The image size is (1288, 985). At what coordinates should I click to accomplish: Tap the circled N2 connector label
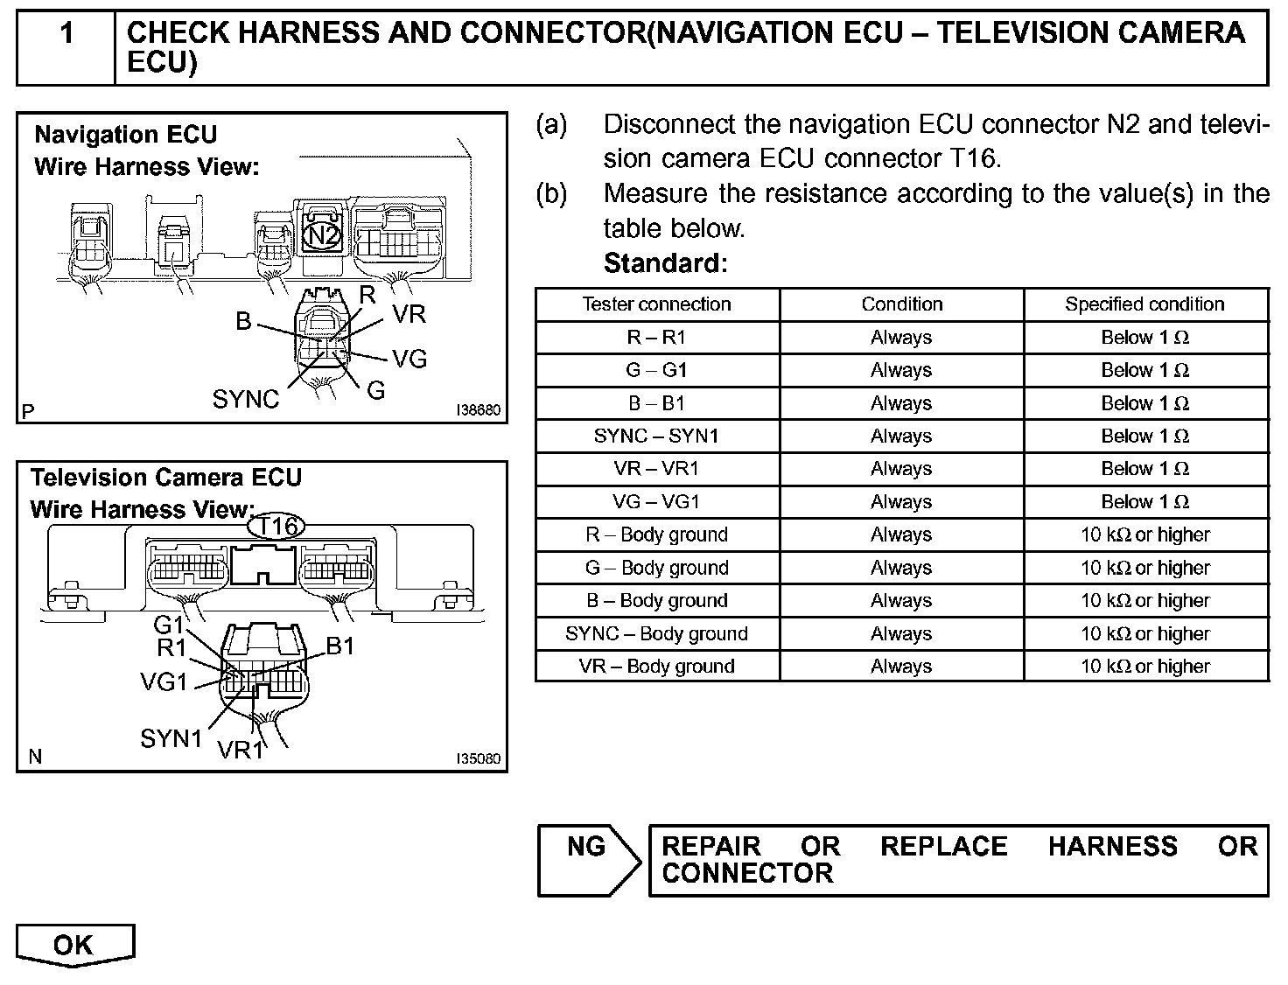[323, 235]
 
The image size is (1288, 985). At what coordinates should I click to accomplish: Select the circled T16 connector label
[276, 527]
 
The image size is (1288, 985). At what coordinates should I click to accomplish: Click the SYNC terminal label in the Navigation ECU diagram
[245, 400]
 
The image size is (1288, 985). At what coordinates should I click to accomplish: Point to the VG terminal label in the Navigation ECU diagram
[409, 359]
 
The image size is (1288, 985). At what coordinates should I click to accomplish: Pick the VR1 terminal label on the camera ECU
[241, 751]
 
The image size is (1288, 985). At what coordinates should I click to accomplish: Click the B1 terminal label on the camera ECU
[340, 646]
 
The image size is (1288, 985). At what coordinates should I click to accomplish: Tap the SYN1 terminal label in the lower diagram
[171, 738]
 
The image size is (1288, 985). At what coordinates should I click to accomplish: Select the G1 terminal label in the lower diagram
[169, 625]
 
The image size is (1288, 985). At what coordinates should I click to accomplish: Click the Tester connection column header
[656, 304]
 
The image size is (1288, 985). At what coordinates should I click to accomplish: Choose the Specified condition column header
[1144, 304]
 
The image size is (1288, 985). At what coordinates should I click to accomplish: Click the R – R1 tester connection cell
[656, 338]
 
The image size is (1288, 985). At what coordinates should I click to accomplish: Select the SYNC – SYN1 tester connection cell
[656, 436]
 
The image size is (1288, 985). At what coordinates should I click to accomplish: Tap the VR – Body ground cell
[656, 667]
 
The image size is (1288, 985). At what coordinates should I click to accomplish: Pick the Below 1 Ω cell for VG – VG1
[1144, 502]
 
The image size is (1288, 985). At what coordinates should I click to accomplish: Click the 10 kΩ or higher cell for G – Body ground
[1144, 568]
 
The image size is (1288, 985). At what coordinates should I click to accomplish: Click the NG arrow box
[588, 859]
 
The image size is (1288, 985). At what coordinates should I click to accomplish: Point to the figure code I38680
[478, 410]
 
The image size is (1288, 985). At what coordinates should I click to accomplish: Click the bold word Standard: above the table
[665, 262]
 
